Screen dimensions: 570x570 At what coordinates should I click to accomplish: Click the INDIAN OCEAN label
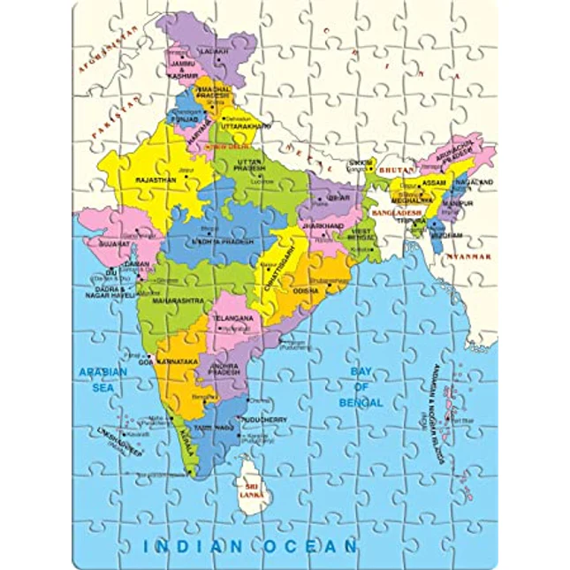tap(250, 545)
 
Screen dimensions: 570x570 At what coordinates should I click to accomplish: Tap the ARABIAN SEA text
tap(102, 378)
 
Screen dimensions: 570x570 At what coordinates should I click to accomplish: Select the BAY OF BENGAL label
tap(365, 387)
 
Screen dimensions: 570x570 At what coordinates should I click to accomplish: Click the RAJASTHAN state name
tap(156, 179)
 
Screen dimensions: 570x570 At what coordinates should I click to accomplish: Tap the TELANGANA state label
tap(233, 317)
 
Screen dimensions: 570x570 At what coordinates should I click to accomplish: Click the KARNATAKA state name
tap(180, 361)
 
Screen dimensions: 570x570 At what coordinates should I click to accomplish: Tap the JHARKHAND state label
tap(322, 226)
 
